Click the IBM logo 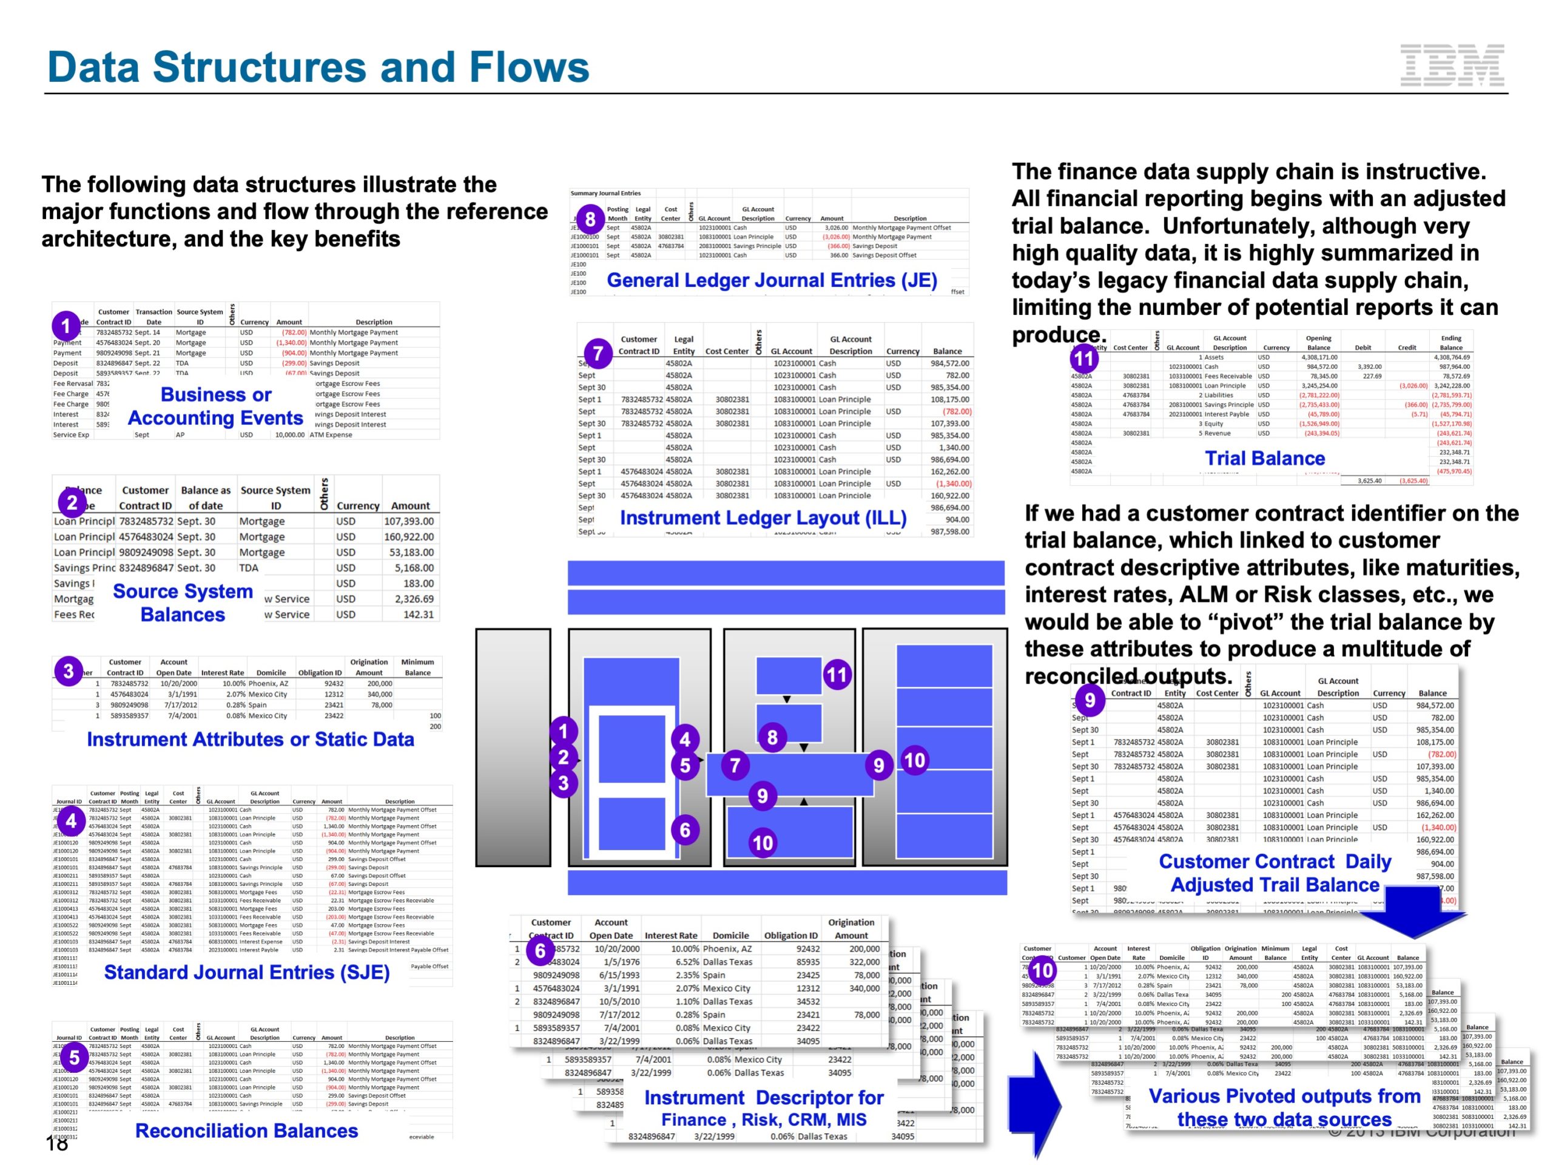click(1451, 66)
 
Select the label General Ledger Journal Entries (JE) click(772, 281)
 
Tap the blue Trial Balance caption click(1264, 459)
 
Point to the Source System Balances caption click(183, 603)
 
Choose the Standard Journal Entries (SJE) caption click(246, 973)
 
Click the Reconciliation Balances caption click(246, 1131)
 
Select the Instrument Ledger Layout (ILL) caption click(763, 518)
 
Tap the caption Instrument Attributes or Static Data click(250, 740)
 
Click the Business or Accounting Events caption click(215, 407)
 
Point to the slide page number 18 click(57, 1144)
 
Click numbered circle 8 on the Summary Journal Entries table click(590, 219)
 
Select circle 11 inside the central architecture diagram click(836, 675)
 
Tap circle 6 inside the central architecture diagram click(684, 831)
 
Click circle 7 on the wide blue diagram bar click(735, 765)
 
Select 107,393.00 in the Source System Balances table click(409, 522)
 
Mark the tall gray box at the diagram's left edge click(513, 747)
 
